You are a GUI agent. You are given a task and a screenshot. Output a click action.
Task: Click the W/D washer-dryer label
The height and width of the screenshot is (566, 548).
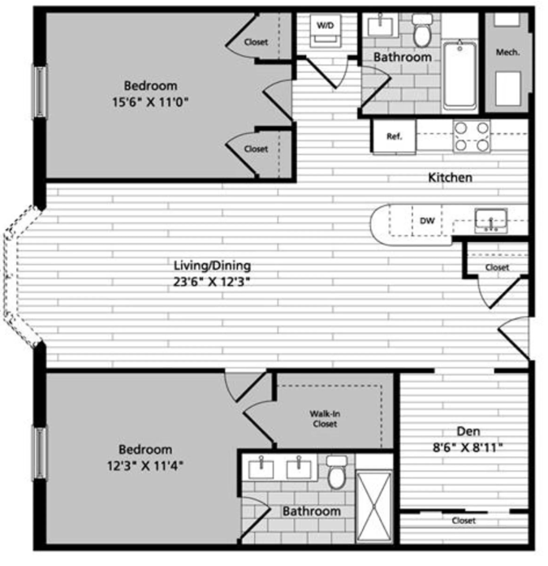point(325,26)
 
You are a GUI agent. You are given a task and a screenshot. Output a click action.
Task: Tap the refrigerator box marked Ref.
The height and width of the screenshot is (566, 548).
point(395,136)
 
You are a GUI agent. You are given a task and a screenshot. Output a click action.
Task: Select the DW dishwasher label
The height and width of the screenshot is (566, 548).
point(427,221)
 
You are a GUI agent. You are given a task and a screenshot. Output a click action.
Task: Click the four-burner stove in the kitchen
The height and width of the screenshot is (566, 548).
point(472,136)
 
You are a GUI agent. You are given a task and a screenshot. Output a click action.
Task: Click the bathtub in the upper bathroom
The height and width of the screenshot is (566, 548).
point(460,76)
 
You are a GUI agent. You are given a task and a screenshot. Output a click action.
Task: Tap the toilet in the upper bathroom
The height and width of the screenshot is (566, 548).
point(421,30)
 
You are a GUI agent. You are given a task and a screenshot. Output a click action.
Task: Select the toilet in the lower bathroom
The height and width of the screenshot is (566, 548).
point(337,472)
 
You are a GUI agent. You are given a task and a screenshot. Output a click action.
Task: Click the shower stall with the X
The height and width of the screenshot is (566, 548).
point(374,506)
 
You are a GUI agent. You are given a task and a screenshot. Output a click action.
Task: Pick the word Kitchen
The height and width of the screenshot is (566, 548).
point(450,178)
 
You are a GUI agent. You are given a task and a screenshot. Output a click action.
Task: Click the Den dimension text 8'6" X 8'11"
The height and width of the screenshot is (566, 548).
point(468,448)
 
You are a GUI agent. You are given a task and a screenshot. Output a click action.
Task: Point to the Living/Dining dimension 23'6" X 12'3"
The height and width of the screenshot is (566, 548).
point(212,282)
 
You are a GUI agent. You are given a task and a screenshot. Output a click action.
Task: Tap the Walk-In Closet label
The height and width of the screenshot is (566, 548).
point(325,419)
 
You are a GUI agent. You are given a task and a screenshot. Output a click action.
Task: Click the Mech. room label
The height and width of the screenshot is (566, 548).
point(507,52)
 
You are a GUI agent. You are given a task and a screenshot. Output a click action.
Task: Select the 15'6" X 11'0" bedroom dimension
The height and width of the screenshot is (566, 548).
point(150,102)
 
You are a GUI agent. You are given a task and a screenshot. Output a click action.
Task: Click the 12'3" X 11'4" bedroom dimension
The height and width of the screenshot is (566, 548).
point(145,465)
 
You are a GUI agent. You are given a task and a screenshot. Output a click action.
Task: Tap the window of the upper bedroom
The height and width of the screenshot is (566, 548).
point(41,92)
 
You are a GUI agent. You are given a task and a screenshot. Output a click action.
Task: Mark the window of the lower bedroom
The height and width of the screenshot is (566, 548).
point(41,452)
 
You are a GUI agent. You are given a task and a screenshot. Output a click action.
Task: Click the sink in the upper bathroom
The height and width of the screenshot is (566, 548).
point(381,26)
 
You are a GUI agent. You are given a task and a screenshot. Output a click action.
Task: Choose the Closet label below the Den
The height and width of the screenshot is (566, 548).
point(464,521)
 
